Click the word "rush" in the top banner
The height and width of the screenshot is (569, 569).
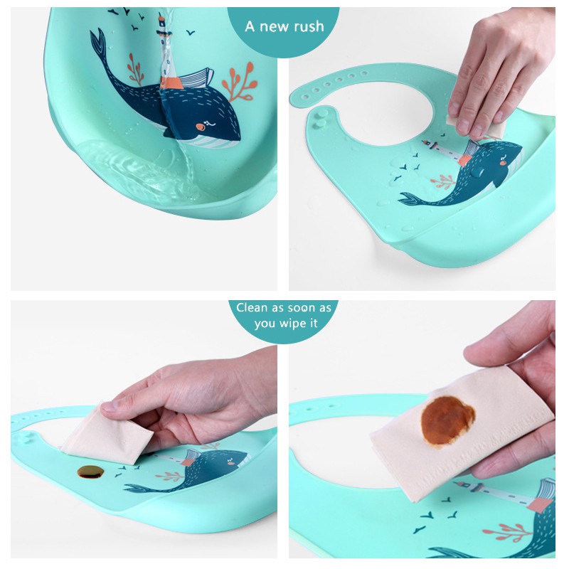309,26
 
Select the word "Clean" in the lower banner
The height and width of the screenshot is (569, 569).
252,308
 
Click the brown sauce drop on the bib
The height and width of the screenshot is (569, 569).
91,472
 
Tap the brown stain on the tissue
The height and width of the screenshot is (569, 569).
447,420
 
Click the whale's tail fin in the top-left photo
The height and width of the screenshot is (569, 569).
98,42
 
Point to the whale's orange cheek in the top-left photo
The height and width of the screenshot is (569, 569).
200,127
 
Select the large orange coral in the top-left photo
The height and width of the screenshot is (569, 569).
240,83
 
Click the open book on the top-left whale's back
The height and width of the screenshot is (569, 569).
196,78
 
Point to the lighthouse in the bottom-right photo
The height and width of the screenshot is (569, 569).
504,494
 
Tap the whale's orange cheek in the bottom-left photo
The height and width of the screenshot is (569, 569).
230,463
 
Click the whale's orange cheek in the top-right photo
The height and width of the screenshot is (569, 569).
503,163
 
